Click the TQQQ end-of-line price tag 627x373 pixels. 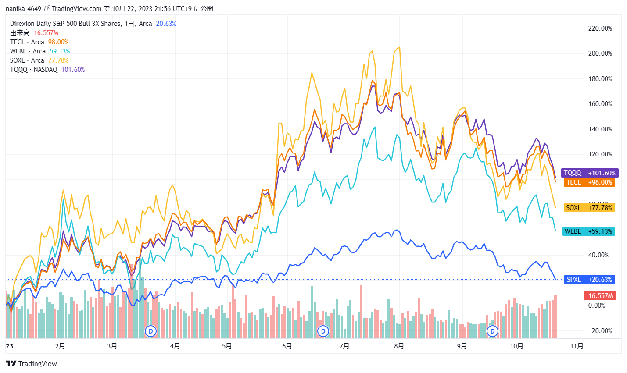(590, 173)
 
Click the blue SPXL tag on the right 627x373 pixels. (590, 280)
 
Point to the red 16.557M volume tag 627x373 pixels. (600, 296)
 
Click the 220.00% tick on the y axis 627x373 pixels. (600, 28)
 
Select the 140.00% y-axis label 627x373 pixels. (600, 129)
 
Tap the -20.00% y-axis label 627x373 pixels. (600, 331)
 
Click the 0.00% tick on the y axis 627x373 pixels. (597, 306)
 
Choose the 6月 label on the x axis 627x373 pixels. (287, 346)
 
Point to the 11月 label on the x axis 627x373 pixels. (577, 346)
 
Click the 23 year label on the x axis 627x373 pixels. (10, 346)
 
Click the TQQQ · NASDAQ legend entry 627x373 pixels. (34, 70)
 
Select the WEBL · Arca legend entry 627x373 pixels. (27, 51)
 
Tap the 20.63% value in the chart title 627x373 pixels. (166, 24)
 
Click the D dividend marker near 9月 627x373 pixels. (493, 331)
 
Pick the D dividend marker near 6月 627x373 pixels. (323, 331)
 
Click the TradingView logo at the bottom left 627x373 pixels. (31, 363)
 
